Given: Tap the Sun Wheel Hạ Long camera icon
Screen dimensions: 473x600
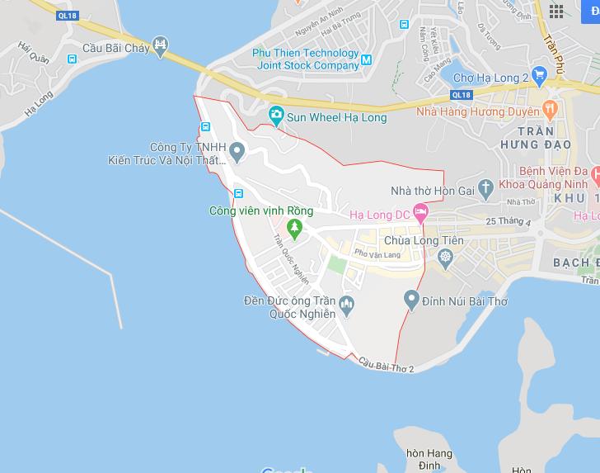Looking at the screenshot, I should point(276,115).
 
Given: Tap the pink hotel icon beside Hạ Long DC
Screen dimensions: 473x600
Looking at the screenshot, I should point(421,213).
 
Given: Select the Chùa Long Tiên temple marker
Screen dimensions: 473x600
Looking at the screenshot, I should point(446,258).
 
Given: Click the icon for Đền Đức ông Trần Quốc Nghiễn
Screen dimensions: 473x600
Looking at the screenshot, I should point(346,305).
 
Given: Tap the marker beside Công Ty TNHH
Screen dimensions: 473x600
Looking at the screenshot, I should point(237,151).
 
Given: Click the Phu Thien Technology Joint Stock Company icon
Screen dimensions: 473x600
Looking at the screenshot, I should point(367,59).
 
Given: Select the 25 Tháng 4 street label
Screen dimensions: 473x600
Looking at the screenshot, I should point(509,222).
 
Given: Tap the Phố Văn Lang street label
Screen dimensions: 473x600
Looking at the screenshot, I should point(377,255).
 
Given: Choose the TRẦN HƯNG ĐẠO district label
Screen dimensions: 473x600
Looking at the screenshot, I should point(543,138).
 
